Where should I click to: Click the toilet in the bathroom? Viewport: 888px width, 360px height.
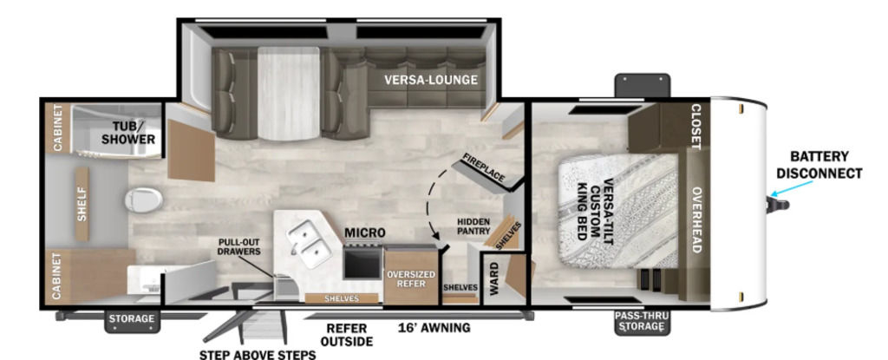pos(143,200)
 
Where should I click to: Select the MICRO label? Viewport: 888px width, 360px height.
pos(365,232)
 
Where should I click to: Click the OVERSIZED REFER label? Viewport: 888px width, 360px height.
pos(411,278)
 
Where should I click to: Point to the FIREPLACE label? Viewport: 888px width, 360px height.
pos(483,167)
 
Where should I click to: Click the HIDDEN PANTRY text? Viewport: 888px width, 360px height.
pos(474,226)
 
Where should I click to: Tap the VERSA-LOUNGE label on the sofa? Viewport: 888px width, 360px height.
pos(430,80)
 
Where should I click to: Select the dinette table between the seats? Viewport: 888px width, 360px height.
pos(289,93)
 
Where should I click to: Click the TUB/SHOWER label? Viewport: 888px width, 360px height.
pos(128,133)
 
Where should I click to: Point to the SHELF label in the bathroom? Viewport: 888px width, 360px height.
pos(82,204)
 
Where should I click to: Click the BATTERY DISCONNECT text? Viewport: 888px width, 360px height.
pos(819,165)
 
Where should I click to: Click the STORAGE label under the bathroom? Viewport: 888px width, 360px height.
pos(132,318)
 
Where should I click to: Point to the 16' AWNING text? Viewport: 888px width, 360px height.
pos(434,327)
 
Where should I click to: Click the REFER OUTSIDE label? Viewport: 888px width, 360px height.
pos(347,335)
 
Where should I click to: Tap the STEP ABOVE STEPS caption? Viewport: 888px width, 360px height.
pos(257,355)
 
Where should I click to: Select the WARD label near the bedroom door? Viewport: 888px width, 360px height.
pos(493,278)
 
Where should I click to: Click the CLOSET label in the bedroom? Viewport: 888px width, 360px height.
pos(696,127)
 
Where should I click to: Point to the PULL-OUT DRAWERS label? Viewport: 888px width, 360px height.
pos(239,246)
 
